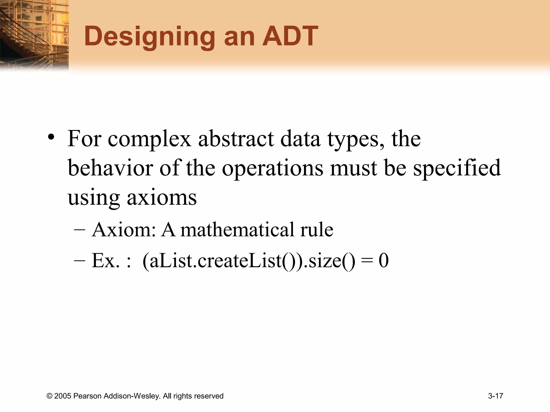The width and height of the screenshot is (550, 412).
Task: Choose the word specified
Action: coord(457,168)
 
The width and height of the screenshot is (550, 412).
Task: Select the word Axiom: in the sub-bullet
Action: coord(124,230)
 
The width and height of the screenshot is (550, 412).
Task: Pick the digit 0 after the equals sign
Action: coord(383,260)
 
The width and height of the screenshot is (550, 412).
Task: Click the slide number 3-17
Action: coord(495,396)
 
